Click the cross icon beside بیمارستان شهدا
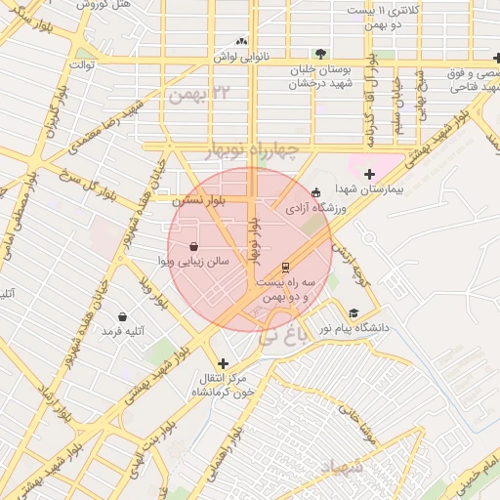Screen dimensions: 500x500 (x=369, y=175)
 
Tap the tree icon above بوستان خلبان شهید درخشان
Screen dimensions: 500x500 (x=321, y=55)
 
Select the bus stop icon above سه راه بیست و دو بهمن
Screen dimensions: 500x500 (x=285, y=267)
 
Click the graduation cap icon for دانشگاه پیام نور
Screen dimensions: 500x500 (x=353, y=313)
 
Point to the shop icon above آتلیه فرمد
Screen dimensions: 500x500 (x=122, y=317)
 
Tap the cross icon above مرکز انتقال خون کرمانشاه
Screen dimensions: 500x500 (x=224, y=362)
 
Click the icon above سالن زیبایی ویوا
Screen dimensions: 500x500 (x=192, y=247)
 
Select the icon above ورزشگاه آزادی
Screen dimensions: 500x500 (x=314, y=192)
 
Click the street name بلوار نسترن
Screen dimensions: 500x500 (x=199, y=199)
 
